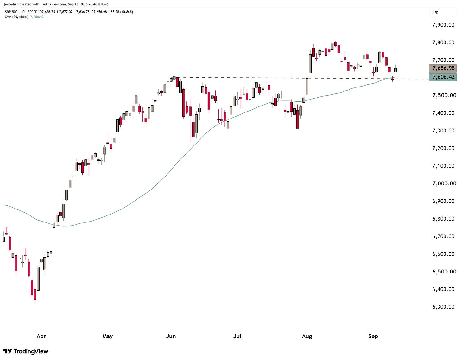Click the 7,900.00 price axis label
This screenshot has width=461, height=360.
click(443, 25)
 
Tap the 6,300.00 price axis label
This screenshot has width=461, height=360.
click(443, 307)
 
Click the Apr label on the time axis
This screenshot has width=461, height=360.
click(41, 337)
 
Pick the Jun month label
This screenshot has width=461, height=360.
click(171, 336)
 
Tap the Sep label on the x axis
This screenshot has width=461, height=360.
click(373, 337)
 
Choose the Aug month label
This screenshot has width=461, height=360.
click(307, 337)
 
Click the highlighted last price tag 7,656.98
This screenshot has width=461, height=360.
click(443, 68)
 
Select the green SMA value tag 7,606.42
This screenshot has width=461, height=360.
click(443, 77)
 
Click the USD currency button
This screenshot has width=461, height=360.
click(443, 13)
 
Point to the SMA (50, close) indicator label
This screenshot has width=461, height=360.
click(16, 17)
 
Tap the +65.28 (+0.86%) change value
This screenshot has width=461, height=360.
click(121, 12)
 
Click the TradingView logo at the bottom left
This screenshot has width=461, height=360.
click(26, 351)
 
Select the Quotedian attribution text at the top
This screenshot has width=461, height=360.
click(55, 4)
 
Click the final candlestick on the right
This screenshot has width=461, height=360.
click(395, 70)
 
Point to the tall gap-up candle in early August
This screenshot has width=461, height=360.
click(310, 63)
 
